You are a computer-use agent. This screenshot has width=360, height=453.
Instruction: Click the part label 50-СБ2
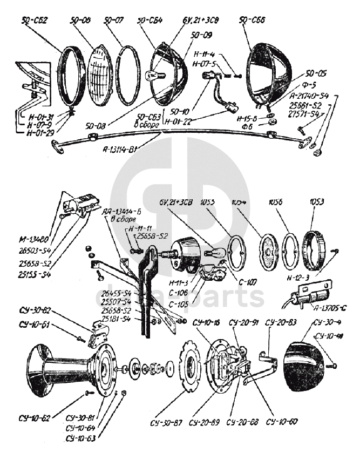pyautogui.click(x=34, y=22)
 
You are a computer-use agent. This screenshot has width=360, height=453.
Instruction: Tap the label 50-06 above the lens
pyautogui.click(x=80, y=21)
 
